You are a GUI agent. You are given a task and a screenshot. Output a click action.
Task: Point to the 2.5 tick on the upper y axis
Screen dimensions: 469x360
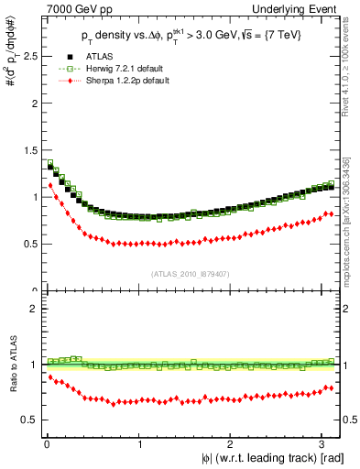point(28,56)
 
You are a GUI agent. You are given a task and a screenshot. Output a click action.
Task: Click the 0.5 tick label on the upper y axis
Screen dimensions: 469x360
point(28,244)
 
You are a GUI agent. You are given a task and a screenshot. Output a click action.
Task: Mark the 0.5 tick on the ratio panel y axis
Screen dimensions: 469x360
point(28,420)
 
